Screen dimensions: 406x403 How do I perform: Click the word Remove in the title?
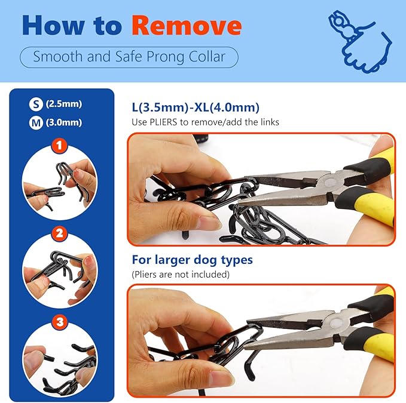pos(187,25)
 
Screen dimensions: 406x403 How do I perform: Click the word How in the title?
pos(53,25)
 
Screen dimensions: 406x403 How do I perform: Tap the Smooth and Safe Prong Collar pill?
pos(129,57)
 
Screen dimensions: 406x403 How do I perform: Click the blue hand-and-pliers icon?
pos(360,41)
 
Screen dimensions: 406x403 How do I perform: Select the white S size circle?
pos(36,104)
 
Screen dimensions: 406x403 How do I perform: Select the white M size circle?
pos(36,123)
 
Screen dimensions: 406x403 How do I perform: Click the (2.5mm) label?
pos(64,104)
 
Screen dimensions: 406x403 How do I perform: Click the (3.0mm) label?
pos(64,122)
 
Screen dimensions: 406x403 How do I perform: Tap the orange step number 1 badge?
pos(59,146)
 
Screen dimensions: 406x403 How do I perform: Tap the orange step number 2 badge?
pos(59,233)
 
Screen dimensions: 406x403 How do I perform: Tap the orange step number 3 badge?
pos(60,322)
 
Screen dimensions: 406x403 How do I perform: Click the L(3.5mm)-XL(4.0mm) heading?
pos(196,107)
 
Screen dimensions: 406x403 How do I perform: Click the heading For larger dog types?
pos(193,260)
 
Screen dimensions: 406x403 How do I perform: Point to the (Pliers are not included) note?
pos(181,274)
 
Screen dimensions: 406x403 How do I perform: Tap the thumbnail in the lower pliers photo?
pos(221,380)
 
